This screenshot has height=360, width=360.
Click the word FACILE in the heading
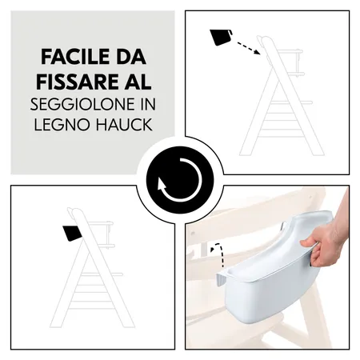pyautogui.click(x=71, y=57)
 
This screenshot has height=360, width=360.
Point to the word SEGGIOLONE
pyautogui.click(x=82, y=104)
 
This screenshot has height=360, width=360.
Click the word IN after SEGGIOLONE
pyautogui.click(x=148, y=104)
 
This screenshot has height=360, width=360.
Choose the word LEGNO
pyautogui.click(x=62, y=124)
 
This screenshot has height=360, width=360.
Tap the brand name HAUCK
pyautogui.click(x=125, y=124)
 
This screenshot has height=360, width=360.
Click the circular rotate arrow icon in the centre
pyautogui.click(x=180, y=180)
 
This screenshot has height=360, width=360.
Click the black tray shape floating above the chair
pyautogui.click(x=220, y=37)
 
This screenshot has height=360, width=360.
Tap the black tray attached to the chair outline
pyautogui.click(x=72, y=233)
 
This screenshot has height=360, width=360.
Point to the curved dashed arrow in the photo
pyautogui.click(x=218, y=254)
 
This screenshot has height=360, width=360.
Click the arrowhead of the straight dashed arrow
pyautogui.click(x=257, y=52)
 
